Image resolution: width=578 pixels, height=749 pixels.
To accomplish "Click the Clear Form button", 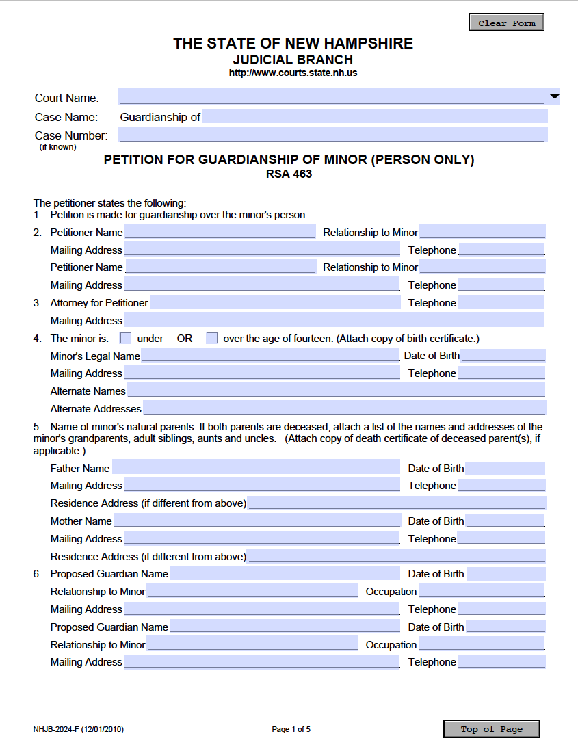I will pos(506,23).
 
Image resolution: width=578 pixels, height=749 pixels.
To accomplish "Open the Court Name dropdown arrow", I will pos(554,97).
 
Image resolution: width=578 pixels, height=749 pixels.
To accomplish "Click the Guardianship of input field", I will pos(374,116).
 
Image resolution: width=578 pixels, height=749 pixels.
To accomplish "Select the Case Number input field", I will pos(332,135).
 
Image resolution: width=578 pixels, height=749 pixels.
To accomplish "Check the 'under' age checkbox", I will pos(126,338).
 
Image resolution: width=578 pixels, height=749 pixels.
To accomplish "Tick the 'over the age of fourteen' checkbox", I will pos(212,338).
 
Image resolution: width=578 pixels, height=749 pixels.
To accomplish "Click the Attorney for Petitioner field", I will pos(275,302).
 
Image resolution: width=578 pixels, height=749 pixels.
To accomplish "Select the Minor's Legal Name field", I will pos(270,356).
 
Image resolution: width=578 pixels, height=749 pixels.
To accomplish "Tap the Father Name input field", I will pos(256,468).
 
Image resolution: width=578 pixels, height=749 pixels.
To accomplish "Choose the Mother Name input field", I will pos(257,521).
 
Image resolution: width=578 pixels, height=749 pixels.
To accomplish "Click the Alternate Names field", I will pos(336,391).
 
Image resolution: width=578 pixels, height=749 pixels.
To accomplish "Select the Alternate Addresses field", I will pos(344,408).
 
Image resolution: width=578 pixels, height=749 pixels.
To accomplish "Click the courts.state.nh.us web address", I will pos(293,73).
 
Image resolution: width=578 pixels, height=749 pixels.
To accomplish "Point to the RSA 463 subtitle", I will pos(289,174).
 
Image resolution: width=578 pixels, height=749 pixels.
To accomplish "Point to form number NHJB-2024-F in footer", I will pos(78,729).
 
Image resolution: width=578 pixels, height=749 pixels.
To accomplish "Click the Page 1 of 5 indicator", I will pos(291,729).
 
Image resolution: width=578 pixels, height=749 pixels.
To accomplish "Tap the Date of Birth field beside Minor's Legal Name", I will pos(503,356).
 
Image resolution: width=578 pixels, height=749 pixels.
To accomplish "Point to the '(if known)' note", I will pos(57,146).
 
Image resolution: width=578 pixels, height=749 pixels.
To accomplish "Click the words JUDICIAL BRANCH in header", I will pos(293,60).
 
